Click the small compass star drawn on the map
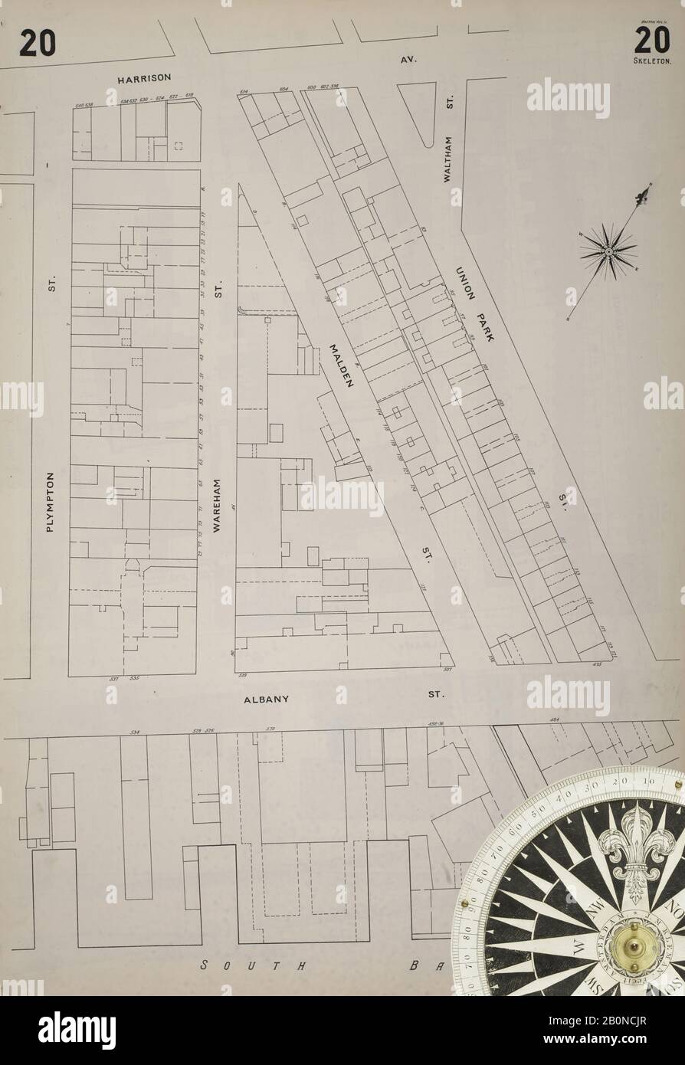click(x=608, y=250)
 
